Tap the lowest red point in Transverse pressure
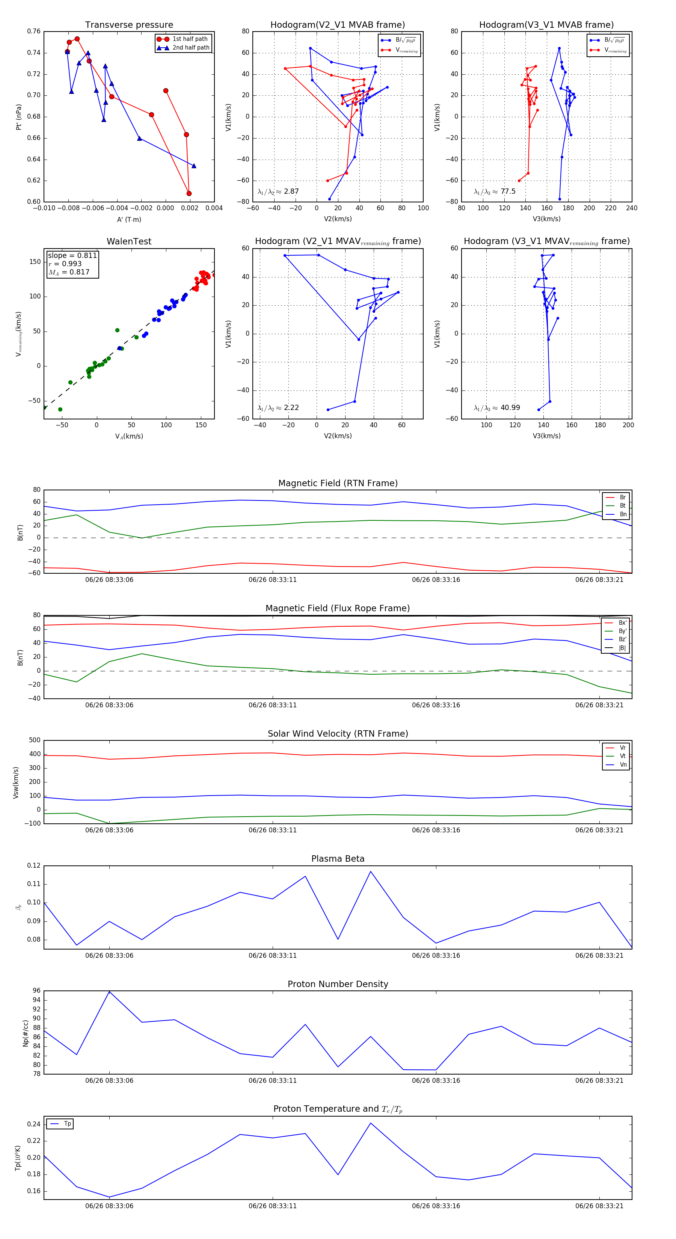point(189,193)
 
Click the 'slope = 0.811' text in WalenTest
point(72,255)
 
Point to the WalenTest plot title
point(129,241)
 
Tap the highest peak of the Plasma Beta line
point(370,871)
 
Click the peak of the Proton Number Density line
point(109,991)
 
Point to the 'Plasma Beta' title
point(338,859)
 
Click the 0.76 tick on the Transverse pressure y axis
point(34,31)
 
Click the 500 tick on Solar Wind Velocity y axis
point(35,740)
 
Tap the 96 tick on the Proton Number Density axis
point(36,991)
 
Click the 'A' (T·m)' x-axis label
point(129,219)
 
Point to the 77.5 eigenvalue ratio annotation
point(508,191)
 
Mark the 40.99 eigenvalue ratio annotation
point(510,408)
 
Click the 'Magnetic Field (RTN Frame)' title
point(338,483)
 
